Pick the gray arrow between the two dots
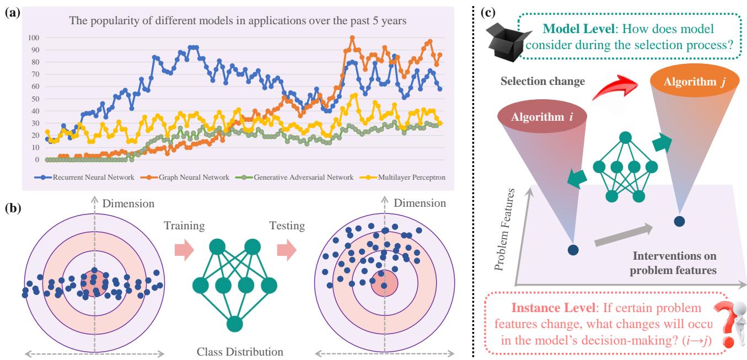pyautogui.click(x=626, y=233)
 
